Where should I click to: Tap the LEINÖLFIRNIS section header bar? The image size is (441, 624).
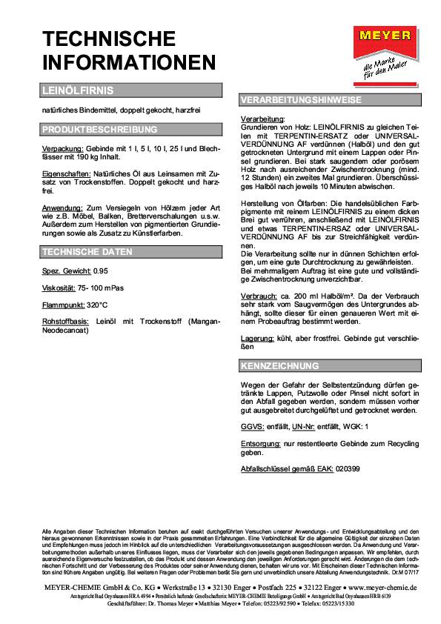coord(131,91)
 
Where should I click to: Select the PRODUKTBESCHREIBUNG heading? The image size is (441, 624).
coord(131,129)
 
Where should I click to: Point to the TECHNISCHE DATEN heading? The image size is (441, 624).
coord(131,252)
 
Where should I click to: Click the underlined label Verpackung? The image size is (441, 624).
coord(63,148)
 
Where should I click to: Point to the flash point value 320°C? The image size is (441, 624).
coord(97,304)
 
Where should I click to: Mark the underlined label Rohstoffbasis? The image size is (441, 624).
coord(66,321)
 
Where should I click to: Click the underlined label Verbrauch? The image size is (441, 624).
coord(260,295)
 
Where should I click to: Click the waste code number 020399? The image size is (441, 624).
coord(350,469)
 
